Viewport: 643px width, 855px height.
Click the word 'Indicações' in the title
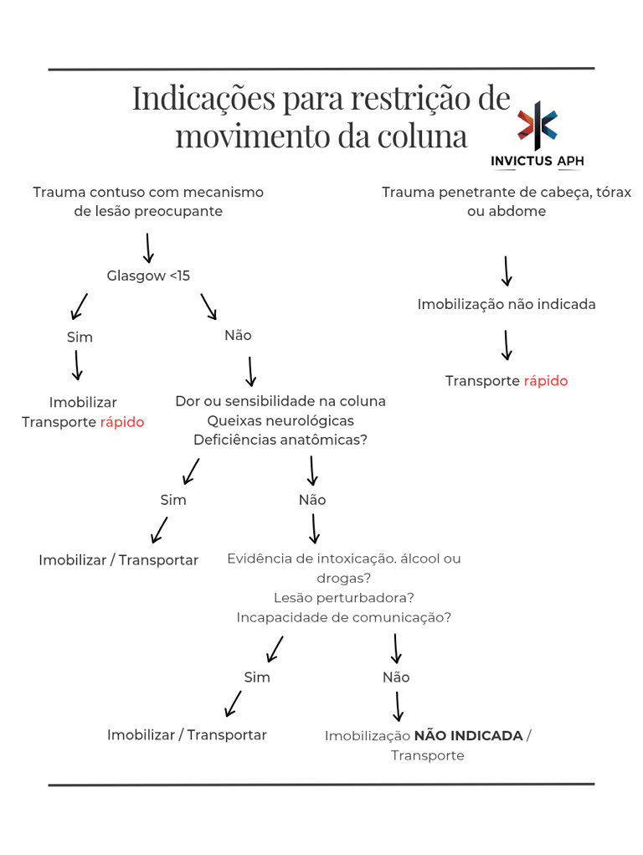point(203,99)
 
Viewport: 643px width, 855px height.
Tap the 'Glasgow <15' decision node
point(149,276)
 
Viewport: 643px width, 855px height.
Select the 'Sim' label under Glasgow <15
point(80,337)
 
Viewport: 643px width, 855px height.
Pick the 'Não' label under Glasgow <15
point(238,335)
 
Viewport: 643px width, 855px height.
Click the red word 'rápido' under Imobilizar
point(122,422)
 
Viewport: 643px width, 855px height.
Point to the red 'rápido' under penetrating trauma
point(546,381)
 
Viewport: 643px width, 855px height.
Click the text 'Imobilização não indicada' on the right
point(507,304)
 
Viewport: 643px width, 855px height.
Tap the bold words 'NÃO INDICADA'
point(468,735)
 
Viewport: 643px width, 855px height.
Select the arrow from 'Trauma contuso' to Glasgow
point(148,248)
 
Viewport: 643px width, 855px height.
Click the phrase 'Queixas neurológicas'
point(280,420)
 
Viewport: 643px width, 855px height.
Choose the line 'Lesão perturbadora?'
point(344,597)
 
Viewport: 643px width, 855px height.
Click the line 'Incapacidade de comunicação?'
point(344,617)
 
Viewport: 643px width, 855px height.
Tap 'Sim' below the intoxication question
point(257,677)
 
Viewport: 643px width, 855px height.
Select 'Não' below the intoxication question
point(396,677)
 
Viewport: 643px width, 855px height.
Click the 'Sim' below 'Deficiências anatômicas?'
point(173,500)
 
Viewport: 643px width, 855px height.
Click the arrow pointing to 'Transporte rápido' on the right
point(507,345)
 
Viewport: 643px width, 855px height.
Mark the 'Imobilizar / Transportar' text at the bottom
point(187,734)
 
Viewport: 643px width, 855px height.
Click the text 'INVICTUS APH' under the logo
point(538,161)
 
